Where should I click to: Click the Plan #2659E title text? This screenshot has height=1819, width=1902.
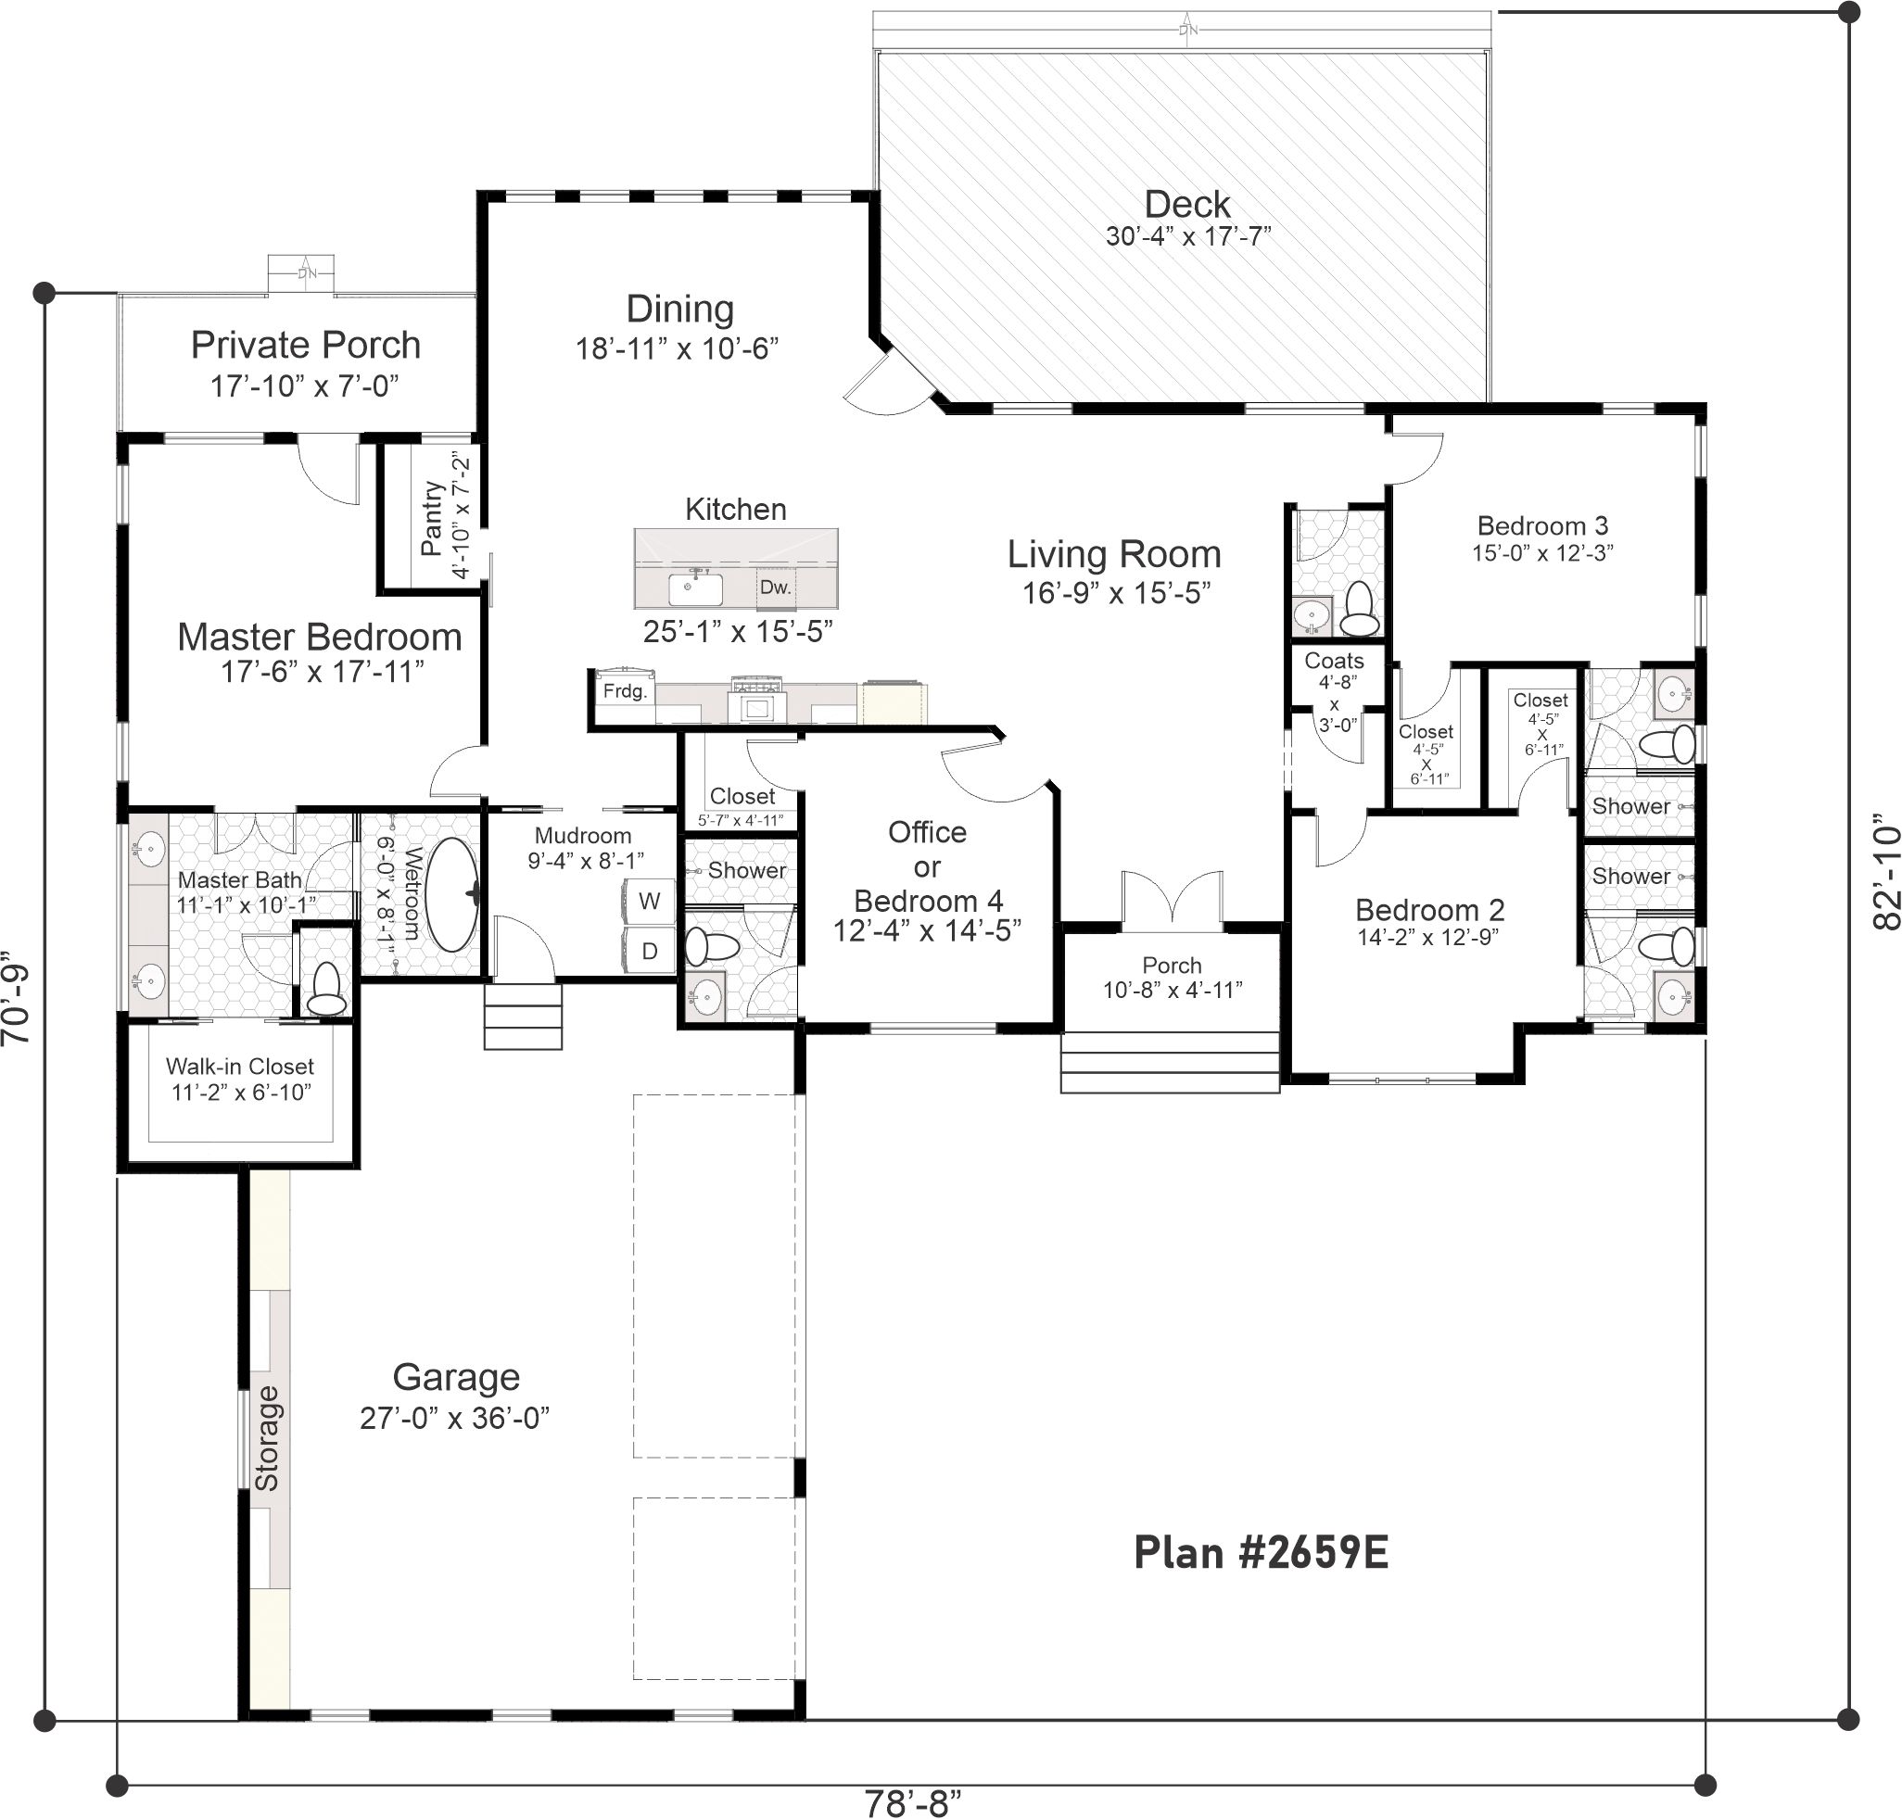click(x=1261, y=1552)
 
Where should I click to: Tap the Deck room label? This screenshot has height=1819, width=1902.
click(x=1186, y=204)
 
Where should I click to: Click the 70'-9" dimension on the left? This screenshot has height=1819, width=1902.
click(x=17, y=995)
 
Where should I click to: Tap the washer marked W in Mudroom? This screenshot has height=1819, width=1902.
click(x=649, y=901)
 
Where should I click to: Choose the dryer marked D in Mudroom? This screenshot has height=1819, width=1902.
click(x=649, y=950)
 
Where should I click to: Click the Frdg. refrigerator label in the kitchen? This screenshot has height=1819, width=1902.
click(x=625, y=691)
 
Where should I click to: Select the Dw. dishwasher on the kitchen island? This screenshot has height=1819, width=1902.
click(x=775, y=587)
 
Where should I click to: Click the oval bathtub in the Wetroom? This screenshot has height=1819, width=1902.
click(x=452, y=894)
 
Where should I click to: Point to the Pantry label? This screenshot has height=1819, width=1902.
click(x=432, y=518)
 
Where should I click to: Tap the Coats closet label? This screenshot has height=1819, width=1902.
click(x=1334, y=661)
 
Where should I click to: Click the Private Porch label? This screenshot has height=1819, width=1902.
click(x=306, y=344)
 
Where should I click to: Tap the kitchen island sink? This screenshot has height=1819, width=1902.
click(x=694, y=588)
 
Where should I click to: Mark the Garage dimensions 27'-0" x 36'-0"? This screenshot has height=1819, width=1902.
click(x=455, y=1418)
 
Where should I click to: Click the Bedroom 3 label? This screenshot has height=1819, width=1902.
click(x=1542, y=525)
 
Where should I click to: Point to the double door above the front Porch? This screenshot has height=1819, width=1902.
click(x=1172, y=897)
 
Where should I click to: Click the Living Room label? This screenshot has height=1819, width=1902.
click(x=1113, y=553)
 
